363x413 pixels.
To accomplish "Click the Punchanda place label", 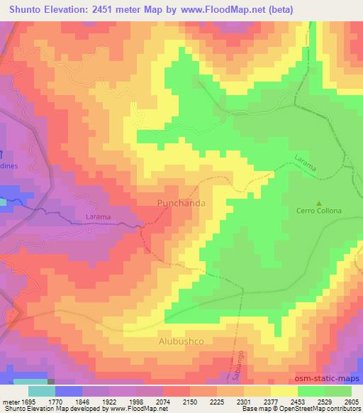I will (x=181, y=203).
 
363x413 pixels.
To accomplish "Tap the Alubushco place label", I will (x=180, y=341).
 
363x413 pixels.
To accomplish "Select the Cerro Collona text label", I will (x=318, y=211).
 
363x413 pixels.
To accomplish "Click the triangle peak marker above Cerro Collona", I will (x=318, y=202).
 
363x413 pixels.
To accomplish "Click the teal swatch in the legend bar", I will (x=41, y=391).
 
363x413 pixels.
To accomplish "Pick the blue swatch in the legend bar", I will (x=68, y=391).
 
